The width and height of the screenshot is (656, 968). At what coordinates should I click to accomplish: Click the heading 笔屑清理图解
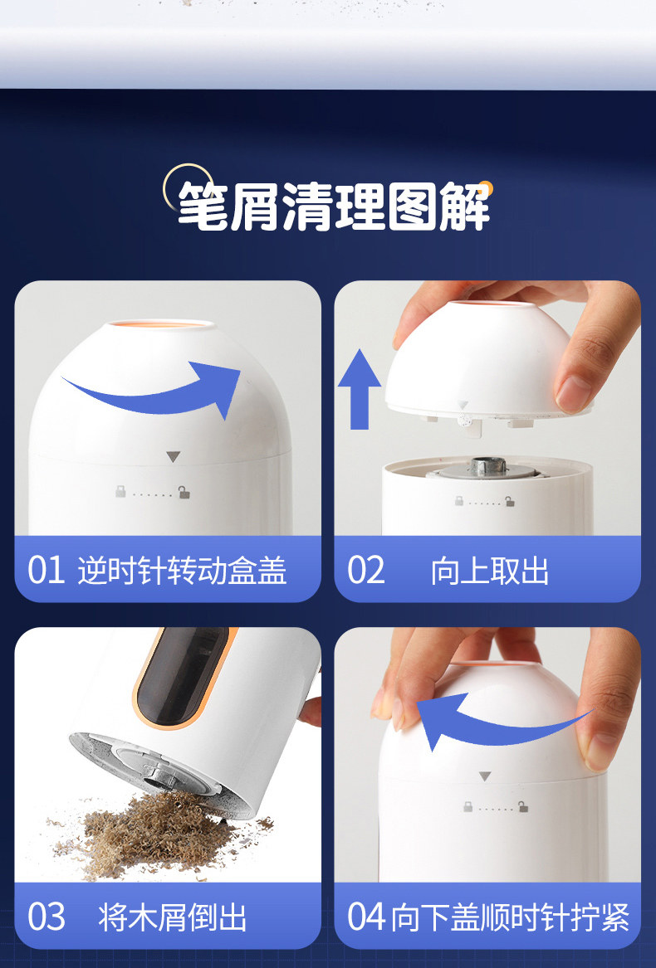(334, 207)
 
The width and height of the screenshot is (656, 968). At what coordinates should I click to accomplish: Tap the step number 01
(47, 571)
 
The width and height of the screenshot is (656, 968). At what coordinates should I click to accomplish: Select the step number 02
(365, 571)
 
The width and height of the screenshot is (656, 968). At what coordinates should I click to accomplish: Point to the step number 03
(47, 917)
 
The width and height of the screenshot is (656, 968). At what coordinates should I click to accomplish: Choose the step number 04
(367, 917)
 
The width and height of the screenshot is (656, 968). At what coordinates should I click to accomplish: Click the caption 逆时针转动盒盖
(183, 571)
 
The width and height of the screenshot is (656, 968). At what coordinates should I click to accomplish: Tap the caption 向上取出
(490, 571)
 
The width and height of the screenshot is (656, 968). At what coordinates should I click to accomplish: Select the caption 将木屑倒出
(173, 917)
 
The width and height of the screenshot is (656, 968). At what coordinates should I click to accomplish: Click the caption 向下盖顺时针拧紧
(511, 917)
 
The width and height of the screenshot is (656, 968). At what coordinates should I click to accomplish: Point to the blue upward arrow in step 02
(360, 390)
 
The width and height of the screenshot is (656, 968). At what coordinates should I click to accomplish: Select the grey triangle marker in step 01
(173, 457)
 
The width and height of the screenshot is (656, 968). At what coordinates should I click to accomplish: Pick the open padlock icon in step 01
(184, 492)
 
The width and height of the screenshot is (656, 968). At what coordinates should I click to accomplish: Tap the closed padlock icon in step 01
(120, 491)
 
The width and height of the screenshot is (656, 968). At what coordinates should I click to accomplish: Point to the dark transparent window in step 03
(179, 676)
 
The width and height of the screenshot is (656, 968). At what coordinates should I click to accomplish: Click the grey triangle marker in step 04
(485, 776)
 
